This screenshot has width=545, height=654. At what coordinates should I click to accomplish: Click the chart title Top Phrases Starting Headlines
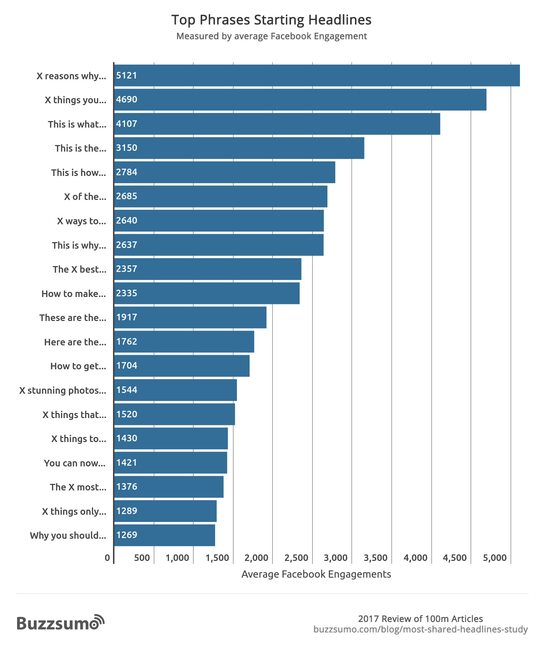pos(271,20)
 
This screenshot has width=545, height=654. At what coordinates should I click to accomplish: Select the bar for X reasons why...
pos(317,76)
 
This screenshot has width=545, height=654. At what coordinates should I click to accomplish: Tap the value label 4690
pos(126,100)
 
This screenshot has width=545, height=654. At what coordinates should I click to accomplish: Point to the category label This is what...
pos(77,124)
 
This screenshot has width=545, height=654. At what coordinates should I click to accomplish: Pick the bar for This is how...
pos(225,172)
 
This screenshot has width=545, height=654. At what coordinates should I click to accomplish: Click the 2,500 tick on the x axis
pos(296,558)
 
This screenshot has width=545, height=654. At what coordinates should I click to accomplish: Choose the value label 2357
pos(126,269)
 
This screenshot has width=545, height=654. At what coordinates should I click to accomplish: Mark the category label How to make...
pos(74,294)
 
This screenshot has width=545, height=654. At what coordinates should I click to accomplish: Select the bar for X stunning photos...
pos(175,390)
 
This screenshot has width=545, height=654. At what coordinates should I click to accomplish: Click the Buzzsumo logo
pos(60,623)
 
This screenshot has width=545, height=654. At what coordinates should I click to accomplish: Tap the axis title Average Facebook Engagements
pos(316,574)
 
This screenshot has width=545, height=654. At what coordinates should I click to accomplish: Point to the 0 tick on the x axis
pos(107,558)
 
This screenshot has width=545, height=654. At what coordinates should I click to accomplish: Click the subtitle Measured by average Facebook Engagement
pos(271,36)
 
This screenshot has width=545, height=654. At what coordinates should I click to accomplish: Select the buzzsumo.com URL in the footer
pos(420,629)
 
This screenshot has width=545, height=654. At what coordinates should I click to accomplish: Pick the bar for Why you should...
pos(165,535)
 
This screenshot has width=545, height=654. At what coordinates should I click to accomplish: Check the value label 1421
pos(126,463)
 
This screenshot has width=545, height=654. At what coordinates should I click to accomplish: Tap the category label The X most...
pos(78,487)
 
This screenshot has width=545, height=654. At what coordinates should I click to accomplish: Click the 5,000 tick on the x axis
pos(494,558)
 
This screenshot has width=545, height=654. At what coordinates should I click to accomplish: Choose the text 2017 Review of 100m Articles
pos(420,619)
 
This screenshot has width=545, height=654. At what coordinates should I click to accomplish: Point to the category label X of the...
pos(85,197)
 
